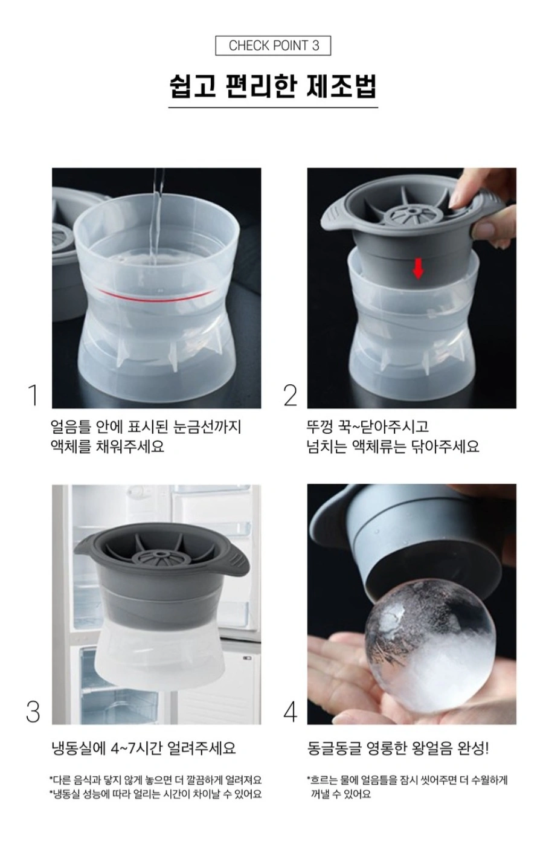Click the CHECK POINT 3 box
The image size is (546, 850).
273,45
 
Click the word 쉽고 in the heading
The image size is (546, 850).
193,87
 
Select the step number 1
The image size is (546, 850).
33,395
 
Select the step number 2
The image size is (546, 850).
291,395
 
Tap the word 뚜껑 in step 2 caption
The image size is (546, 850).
320,427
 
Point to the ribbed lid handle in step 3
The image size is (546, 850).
232,561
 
